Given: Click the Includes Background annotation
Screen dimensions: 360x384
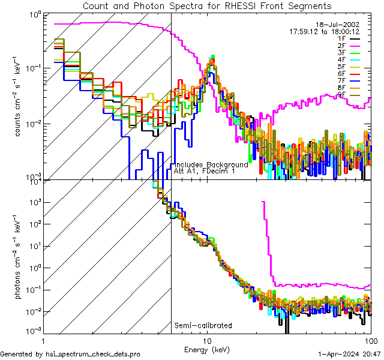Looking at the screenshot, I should pyautogui.click(x=211, y=164).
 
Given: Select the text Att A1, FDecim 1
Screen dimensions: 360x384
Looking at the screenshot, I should pyautogui.click(x=204, y=171).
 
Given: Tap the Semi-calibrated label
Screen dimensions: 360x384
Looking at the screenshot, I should pyautogui.click(x=203, y=326).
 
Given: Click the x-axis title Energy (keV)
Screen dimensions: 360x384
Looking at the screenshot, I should pyautogui.click(x=207, y=349).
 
